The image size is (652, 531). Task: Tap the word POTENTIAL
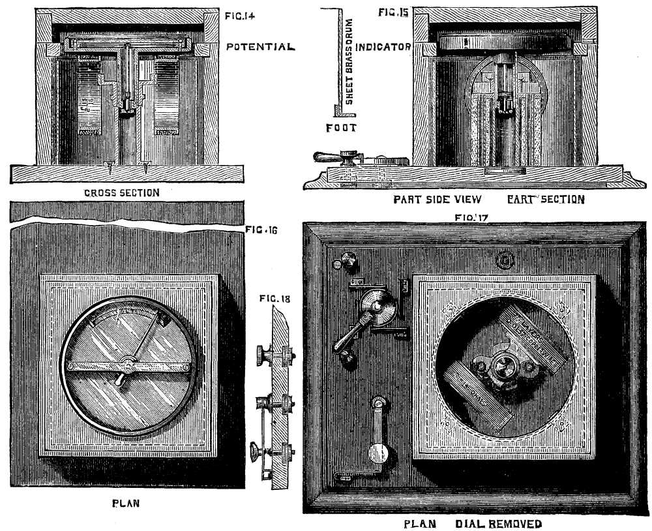260,47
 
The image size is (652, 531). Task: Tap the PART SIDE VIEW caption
428,200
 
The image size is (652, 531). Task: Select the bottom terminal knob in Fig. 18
257,450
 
